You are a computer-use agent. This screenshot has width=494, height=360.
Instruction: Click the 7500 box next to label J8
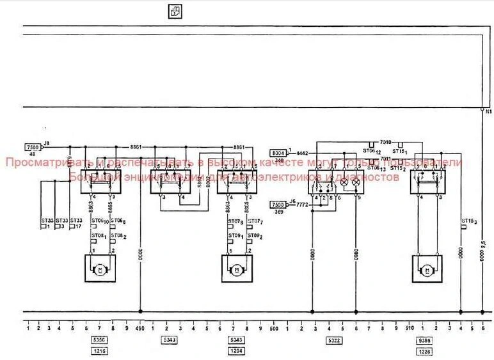point(33,146)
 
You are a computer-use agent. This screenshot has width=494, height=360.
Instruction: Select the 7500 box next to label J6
point(278,204)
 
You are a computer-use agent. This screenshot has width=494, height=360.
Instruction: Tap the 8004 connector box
point(278,153)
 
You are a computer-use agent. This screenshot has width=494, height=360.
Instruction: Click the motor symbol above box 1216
point(99,269)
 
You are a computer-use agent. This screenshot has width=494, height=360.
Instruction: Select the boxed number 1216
point(100,352)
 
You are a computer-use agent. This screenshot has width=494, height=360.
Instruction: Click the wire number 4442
point(302,153)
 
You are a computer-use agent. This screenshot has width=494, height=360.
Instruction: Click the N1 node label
point(488,111)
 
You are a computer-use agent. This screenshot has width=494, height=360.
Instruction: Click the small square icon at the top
point(174,10)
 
